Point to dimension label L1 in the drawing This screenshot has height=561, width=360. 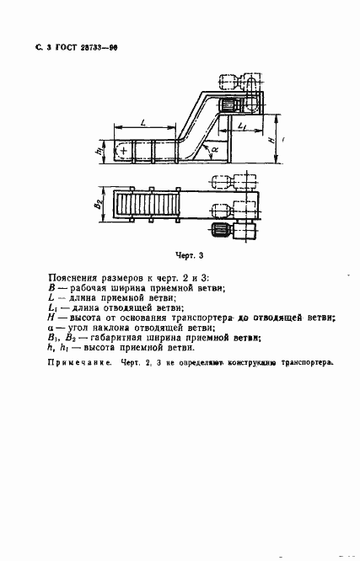point(242,127)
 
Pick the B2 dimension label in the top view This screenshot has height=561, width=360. point(99,205)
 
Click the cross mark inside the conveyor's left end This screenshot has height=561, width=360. point(125,152)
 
